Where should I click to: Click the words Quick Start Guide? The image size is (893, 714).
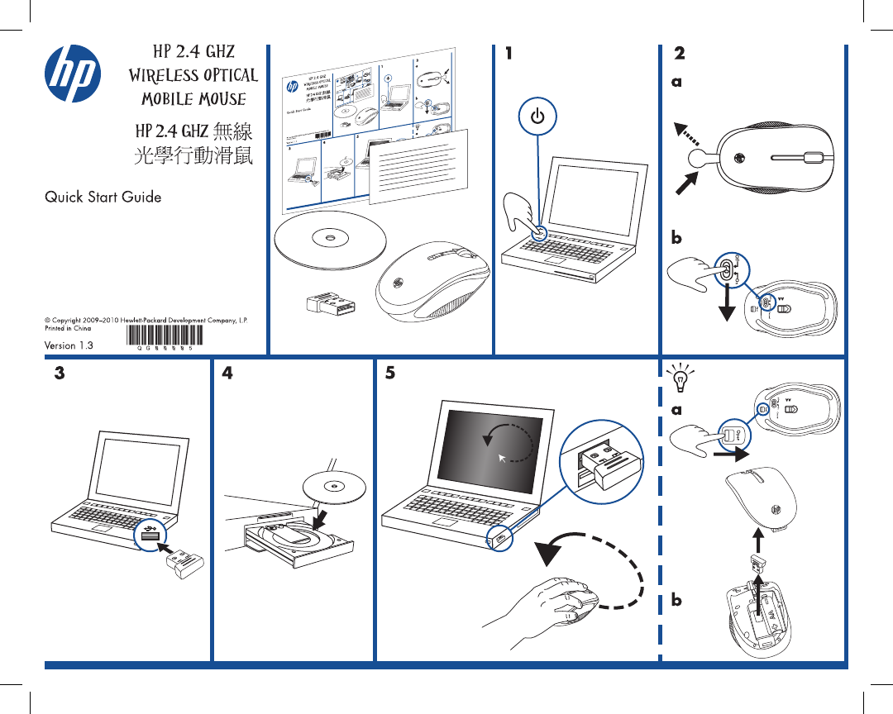point(103,198)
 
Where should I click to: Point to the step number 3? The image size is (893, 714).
point(59,374)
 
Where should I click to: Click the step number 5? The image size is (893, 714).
point(390,374)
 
